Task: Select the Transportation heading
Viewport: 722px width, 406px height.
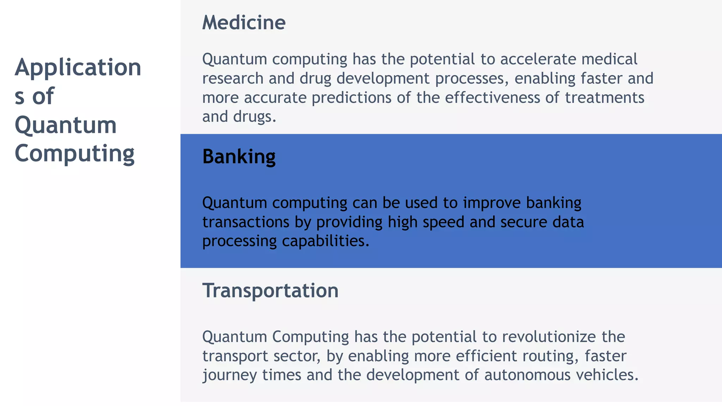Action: click(270, 291)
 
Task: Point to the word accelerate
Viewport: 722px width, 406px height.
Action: click(538, 59)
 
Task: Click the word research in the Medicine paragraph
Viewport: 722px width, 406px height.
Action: click(233, 78)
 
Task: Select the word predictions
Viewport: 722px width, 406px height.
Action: click(351, 98)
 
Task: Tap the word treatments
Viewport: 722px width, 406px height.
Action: click(604, 98)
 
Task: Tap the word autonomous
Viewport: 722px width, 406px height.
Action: click(527, 375)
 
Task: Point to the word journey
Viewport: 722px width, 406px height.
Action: click(229, 375)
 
